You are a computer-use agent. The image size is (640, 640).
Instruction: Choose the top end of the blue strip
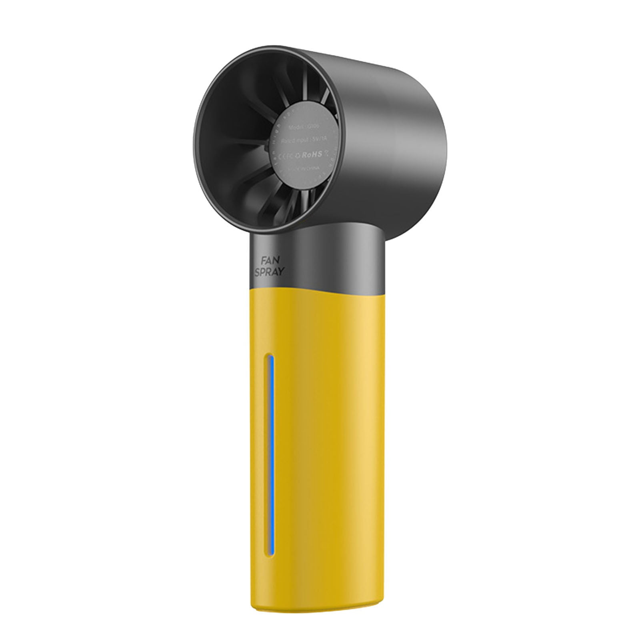(271, 357)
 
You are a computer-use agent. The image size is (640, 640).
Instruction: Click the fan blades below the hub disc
(280, 208)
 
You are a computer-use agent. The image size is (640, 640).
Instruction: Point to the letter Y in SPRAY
(281, 272)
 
